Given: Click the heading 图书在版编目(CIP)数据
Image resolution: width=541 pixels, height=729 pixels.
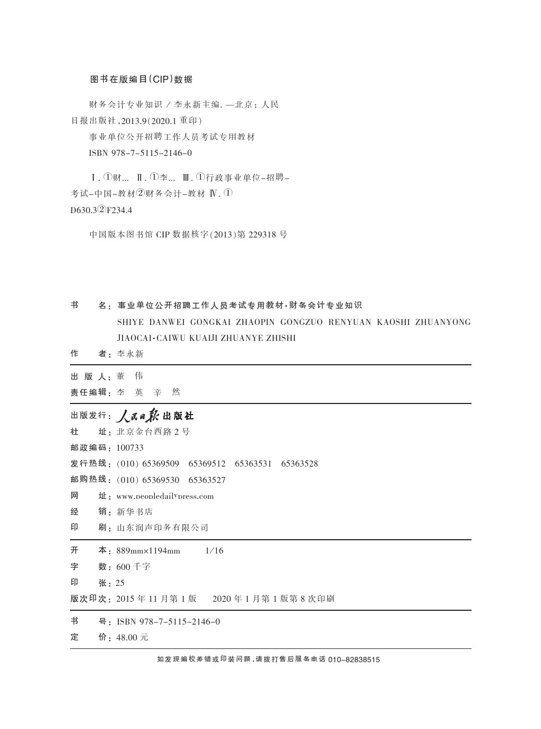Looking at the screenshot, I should [141, 80].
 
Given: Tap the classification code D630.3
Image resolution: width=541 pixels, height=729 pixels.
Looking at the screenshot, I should [83, 210].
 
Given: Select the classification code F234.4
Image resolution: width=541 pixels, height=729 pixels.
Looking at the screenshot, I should [119, 210].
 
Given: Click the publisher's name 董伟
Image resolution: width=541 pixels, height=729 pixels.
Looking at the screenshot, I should [130, 376].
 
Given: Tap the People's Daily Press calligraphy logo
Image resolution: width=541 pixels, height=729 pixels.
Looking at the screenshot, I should [155, 415].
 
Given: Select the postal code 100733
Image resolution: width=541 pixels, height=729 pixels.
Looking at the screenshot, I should [130, 448].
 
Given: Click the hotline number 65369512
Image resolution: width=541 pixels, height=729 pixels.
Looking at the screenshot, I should [207, 464].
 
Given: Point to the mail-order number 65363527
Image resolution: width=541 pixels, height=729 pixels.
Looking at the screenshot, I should [207, 480].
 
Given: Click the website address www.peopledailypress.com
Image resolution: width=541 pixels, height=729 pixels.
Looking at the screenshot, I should [165, 496].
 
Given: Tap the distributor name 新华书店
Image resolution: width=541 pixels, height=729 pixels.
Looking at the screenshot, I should [135, 512].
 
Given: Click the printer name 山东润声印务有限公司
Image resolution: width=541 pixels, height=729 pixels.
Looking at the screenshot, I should [162, 528].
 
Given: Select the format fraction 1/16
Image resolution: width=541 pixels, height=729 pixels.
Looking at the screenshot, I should [214, 551].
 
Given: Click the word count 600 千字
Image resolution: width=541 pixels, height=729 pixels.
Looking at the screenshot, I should [133, 567].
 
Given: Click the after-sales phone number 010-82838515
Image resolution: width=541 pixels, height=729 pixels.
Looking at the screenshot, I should [354, 660].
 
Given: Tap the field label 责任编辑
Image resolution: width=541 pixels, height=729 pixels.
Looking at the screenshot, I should [88, 392].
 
